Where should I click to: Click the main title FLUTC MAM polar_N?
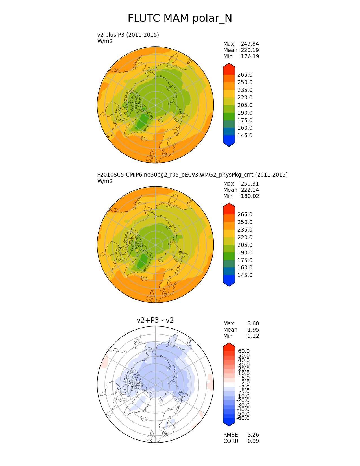pos(180,19)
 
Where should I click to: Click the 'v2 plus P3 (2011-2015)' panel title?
pos(128,35)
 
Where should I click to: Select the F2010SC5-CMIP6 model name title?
pos(192,175)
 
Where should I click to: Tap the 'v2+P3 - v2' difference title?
pos(155,320)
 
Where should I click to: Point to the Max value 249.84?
pos(250,44)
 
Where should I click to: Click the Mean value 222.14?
pos(250,190)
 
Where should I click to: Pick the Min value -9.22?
pos(252,336)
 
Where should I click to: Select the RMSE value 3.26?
pos(253,435)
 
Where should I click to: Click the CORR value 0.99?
pos(253,441)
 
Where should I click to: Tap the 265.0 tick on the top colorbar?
pos(245,75)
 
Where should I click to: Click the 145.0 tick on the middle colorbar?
pos(245,275)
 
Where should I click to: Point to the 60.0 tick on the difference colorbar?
pos(244,351)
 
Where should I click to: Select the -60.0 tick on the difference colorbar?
pos(243,418)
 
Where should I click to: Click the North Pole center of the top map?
pos(155,105)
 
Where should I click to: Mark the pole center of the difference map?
pos(155,385)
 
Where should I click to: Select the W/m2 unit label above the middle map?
pos(105,181)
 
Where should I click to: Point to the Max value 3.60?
pos(253,324)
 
